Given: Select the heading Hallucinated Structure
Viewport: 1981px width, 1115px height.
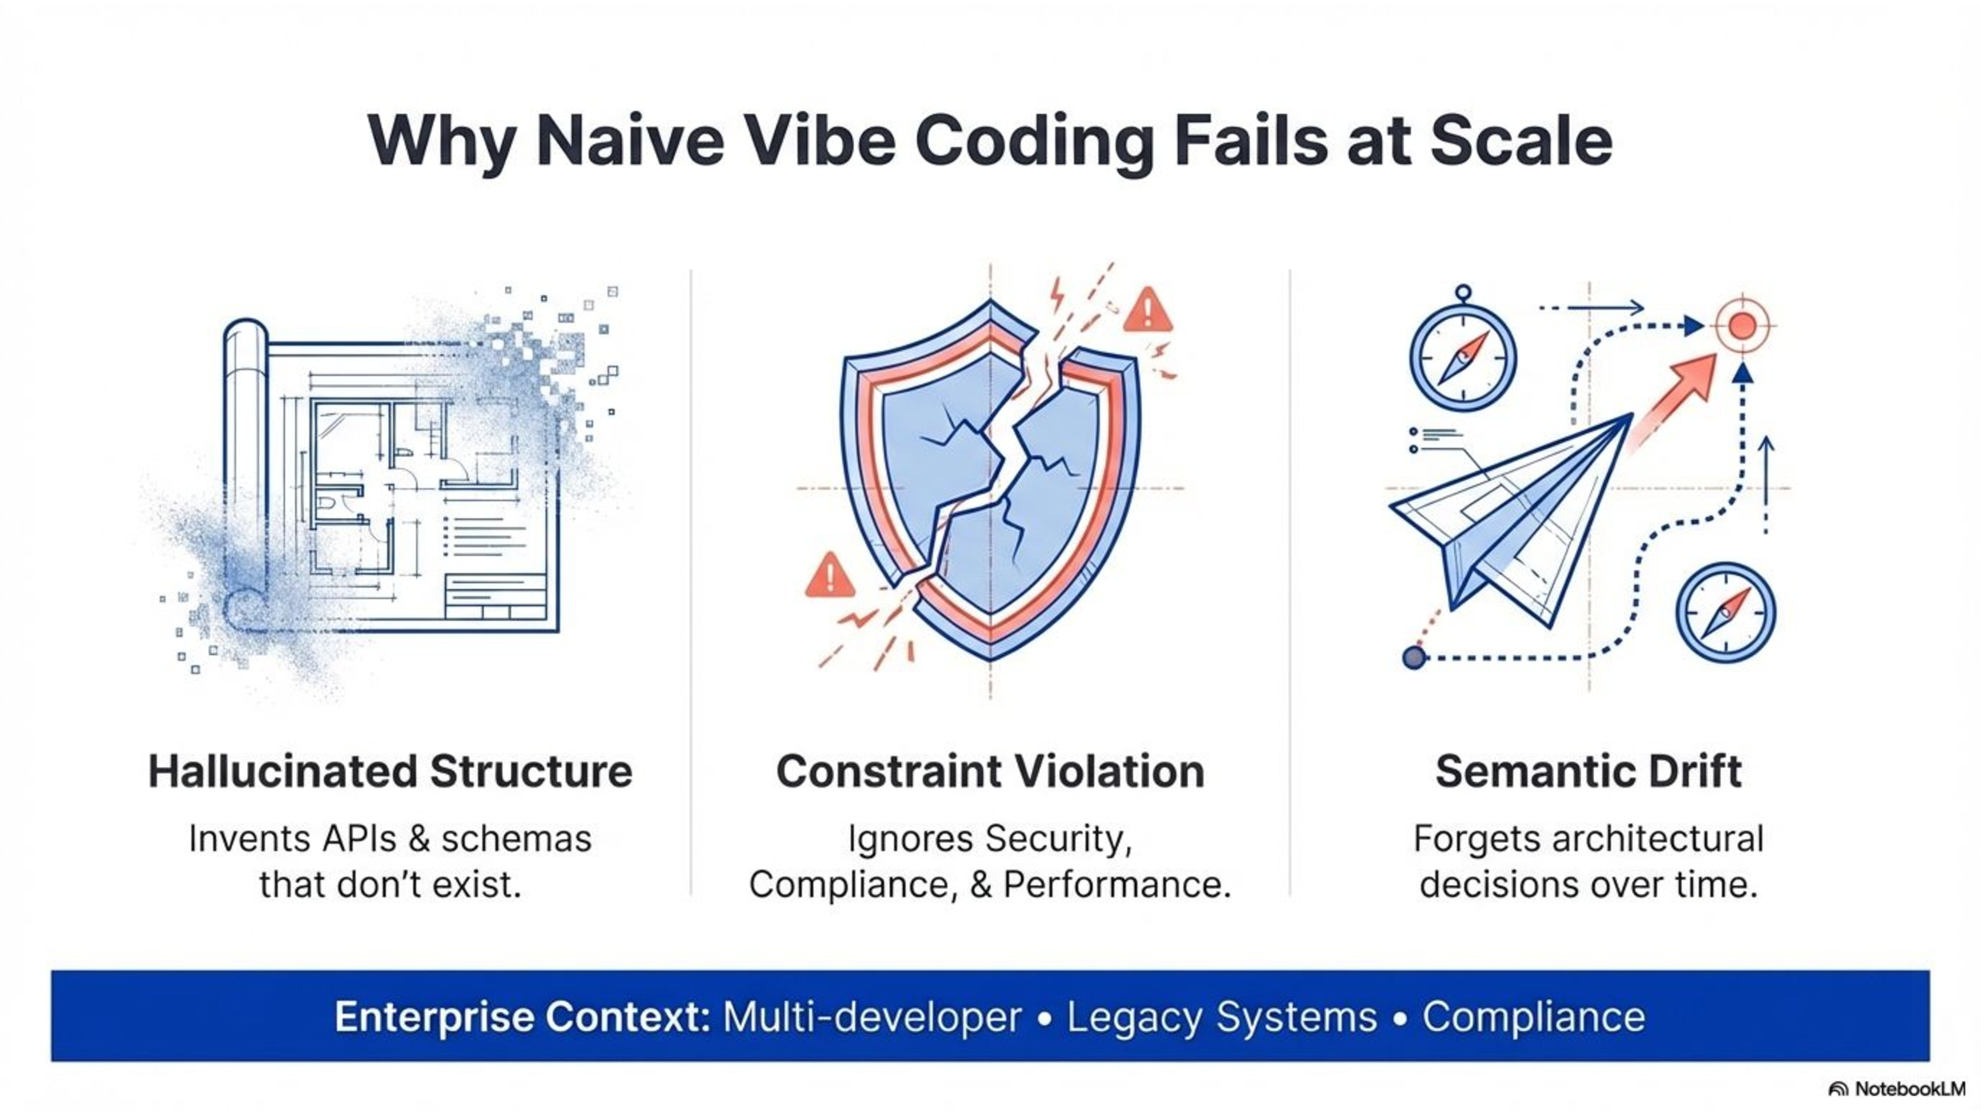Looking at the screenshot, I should tap(390, 772).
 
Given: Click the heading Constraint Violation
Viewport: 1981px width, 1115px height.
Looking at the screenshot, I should tap(990, 772).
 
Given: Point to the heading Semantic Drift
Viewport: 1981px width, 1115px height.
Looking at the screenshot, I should tap(1588, 772).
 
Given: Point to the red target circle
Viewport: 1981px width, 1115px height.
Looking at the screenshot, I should tap(1742, 326).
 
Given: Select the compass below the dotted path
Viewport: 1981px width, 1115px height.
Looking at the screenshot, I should tap(1726, 613).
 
